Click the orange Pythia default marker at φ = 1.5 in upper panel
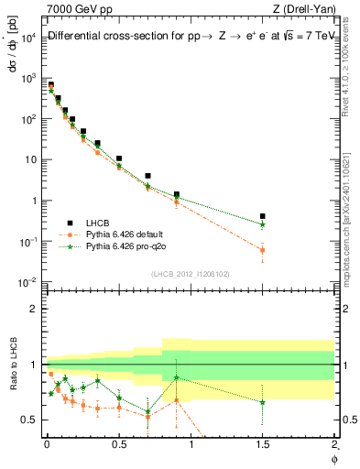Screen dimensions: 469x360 pos(263,250)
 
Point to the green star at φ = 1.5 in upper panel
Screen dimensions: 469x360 pos(263,224)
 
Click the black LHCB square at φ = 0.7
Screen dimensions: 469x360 pos(147,175)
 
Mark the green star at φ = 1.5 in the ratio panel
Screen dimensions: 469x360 pos(263,402)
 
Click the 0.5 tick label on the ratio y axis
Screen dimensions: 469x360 pos(30,420)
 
